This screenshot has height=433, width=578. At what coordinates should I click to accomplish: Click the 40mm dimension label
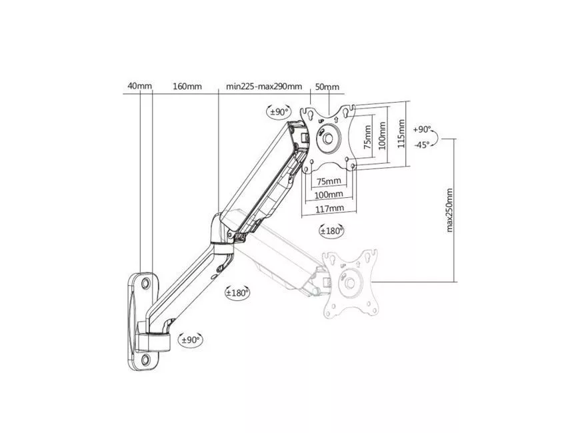click(x=140, y=86)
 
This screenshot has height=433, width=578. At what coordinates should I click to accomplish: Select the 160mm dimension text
click(x=187, y=86)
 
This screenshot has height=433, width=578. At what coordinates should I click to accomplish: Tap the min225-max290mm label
click(x=264, y=87)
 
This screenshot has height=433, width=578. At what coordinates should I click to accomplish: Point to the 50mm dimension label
click(x=327, y=87)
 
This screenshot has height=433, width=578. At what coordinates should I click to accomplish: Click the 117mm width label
click(x=329, y=209)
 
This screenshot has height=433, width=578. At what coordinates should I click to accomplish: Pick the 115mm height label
click(x=401, y=133)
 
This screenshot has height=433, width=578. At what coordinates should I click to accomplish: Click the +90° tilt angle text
click(x=422, y=130)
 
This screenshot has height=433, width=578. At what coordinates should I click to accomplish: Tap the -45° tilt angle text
click(x=422, y=145)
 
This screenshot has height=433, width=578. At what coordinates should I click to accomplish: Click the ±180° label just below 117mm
click(x=331, y=231)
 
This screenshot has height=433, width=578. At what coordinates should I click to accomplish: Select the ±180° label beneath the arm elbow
click(x=237, y=293)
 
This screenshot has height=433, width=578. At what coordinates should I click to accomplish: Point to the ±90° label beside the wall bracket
click(x=190, y=340)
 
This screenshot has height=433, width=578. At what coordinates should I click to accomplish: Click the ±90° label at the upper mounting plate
click(x=279, y=111)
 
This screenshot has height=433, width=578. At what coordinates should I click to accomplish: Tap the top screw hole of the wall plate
click(x=145, y=283)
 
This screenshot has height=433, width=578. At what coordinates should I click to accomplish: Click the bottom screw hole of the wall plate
click(x=145, y=358)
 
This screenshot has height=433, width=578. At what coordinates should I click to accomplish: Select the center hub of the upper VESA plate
click(x=328, y=139)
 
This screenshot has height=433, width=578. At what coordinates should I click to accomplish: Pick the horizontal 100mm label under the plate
click(x=329, y=195)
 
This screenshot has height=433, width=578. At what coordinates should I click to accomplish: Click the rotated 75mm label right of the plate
click(x=367, y=137)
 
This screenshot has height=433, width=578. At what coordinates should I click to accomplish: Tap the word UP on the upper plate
click(x=321, y=121)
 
